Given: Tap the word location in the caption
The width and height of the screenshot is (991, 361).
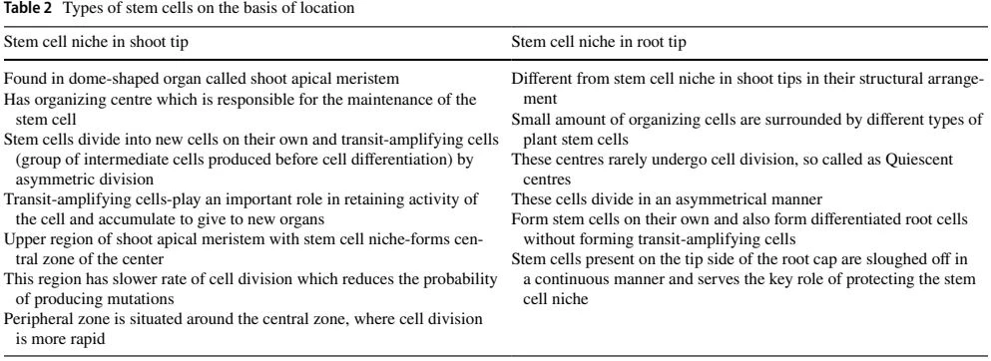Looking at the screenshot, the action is [x=332, y=9].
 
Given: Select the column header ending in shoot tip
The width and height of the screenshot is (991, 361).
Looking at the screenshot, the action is [x=96, y=43].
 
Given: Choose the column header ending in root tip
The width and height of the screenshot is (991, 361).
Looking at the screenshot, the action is [x=601, y=43].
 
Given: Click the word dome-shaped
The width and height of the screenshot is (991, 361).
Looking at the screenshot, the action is [x=141, y=80].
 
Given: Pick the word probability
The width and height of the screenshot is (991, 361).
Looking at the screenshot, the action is [x=461, y=279].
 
